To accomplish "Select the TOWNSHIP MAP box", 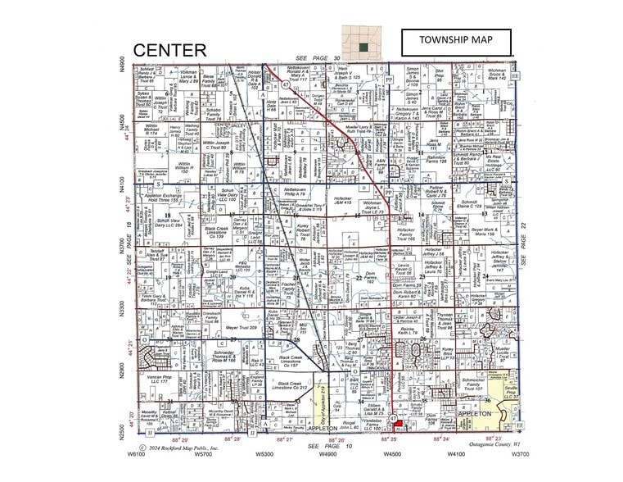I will (455, 40).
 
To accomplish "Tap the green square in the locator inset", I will (363, 48).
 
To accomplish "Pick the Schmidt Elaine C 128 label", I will (469, 204).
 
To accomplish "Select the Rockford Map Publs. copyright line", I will (178, 448).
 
